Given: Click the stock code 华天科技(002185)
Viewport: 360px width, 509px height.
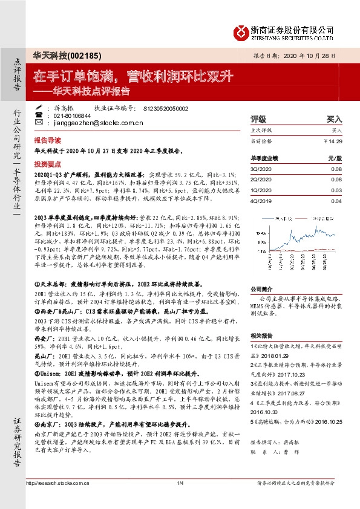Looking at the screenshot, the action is pos(63,54).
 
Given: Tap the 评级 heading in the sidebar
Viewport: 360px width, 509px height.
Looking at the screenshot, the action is pos(258,120).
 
